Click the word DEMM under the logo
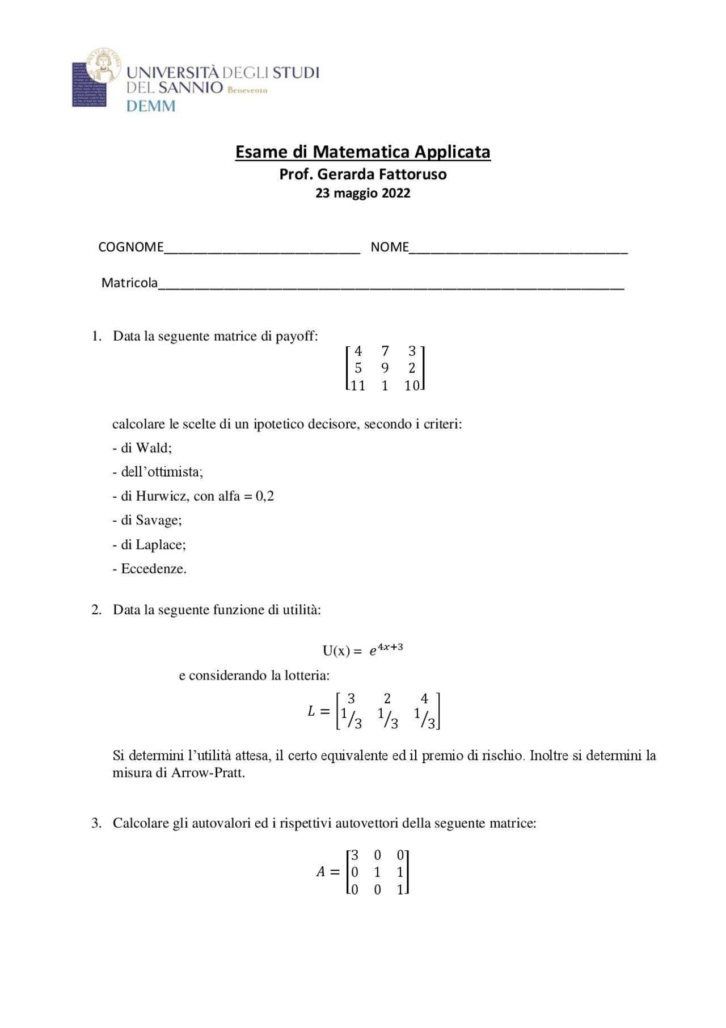coord(150,106)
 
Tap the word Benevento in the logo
coord(247,90)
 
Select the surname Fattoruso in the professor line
coord(412,174)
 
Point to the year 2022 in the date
coord(396,193)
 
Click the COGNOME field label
coord(130,247)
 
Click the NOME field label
coord(389,247)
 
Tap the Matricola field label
coord(129,283)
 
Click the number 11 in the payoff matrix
coord(358,385)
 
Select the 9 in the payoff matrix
coord(385,368)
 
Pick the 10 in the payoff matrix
coord(412,385)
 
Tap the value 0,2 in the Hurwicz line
coord(265,496)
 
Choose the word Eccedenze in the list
coord(153,569)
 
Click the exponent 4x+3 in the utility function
coord(390,647)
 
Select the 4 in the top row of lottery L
coord(424,699)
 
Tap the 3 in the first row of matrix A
coord(354,855)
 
